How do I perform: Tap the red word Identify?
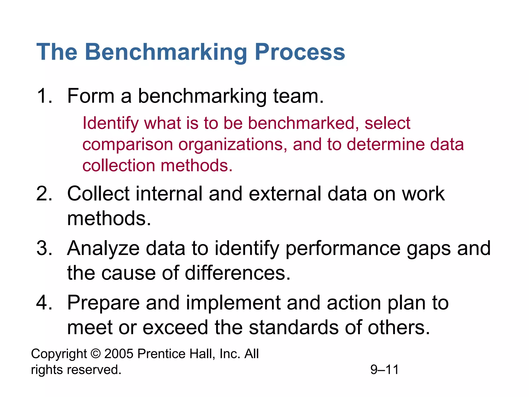111,124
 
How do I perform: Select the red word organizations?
232,145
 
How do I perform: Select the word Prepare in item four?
103,303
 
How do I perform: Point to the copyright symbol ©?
96,354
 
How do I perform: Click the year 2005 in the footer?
119,354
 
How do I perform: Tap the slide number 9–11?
384,370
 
